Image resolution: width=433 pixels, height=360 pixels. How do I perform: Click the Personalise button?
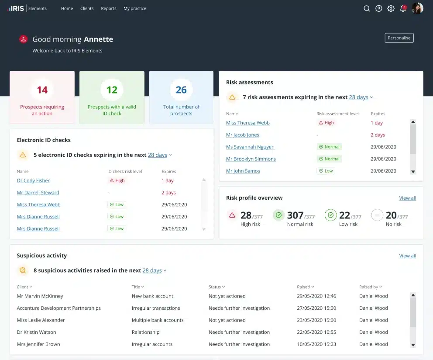pos(399,38)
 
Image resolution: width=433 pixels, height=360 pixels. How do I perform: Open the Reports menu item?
pos(108,8)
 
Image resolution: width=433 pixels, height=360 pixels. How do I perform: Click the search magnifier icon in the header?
pos(367,8)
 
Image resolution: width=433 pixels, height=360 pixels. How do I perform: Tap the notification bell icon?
pos(402,8)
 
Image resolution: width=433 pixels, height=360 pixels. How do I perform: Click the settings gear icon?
pos(391,8)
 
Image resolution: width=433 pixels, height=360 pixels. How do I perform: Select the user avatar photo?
pos(417,8)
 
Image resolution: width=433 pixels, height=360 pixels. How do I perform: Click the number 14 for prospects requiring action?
pos(42,90)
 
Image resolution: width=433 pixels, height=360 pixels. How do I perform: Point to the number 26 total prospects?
pos(181,90)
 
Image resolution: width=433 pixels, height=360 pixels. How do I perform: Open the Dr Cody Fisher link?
pos(33,180)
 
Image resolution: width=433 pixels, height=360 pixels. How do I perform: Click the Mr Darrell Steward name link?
pos(38,193)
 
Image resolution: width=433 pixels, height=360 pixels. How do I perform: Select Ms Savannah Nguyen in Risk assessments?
pos(250,147)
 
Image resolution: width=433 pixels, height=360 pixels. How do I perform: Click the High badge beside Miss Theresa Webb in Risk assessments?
pos(326,123)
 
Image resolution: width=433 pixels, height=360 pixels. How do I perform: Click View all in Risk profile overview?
pos(407,198)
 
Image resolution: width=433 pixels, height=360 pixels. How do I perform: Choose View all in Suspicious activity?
pos(407,256)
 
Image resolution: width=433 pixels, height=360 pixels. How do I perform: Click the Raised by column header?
pos(370,287)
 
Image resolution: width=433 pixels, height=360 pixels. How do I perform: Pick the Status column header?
pos(216,287)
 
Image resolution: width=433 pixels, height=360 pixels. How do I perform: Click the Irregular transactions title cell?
pos(156,308)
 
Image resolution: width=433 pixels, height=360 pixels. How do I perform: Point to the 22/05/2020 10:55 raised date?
pos(316,332)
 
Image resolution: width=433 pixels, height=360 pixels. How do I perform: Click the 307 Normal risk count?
pos(295,215)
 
